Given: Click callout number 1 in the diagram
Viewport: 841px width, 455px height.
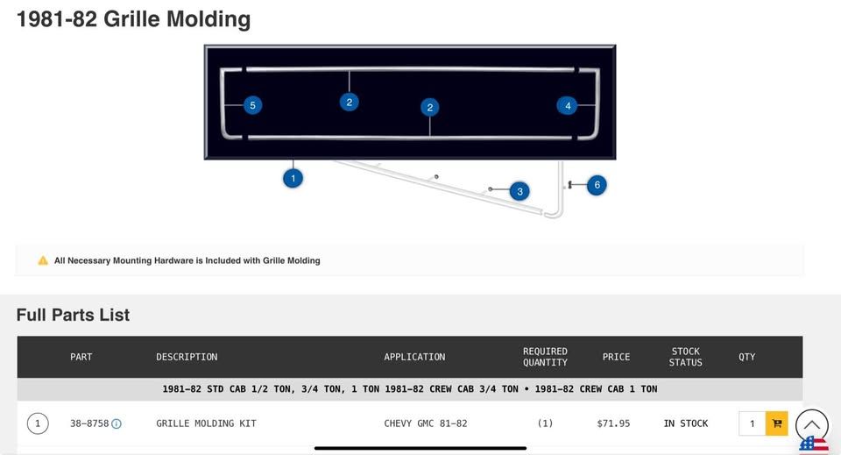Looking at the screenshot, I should coord(293,178).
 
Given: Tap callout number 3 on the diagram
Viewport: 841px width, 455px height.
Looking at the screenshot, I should coord(519,191).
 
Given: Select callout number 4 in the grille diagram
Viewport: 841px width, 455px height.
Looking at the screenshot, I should coord(568,105).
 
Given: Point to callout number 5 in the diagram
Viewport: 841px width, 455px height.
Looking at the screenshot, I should coord(252,105).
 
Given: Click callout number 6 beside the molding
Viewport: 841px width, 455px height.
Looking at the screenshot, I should coord(597,185).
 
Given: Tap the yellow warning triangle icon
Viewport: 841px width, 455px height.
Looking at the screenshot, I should coord(43,260).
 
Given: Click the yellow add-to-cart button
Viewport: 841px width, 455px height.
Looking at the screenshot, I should coord(776,423).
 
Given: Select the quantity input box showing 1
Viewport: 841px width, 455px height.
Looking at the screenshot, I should coord(752,423).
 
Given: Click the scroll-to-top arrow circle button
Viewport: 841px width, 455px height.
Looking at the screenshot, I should coord(811,425).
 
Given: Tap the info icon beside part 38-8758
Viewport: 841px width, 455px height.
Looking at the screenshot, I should coord(117,423).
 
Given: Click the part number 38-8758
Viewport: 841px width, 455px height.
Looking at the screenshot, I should coord(89,423).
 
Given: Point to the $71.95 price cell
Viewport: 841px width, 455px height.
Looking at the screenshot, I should coord(613,423).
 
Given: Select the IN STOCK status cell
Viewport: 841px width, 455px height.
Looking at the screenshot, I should coord(685,423).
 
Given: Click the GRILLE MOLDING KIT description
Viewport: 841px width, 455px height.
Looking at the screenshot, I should coord(206,423).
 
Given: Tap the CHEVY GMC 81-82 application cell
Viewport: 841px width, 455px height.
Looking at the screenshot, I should coord(426,423).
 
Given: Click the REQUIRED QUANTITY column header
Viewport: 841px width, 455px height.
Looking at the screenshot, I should coord(545,357).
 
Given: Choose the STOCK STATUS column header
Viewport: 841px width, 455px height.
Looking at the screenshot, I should coord(685,357).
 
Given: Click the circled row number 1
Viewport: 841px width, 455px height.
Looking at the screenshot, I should coord(38,423).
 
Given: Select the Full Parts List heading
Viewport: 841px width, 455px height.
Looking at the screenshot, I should coord(73,315).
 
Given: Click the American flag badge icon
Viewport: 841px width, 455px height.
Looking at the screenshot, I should coord(814,445).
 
